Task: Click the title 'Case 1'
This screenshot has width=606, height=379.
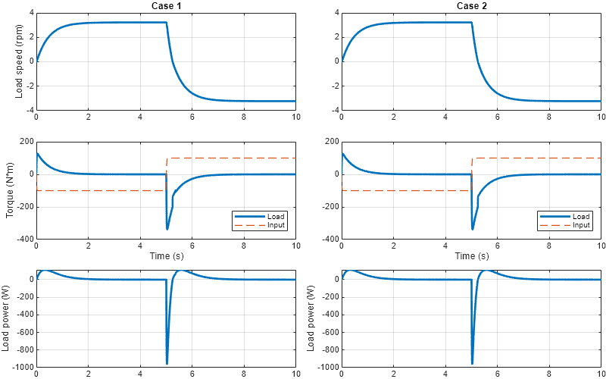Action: (x=165, y=6)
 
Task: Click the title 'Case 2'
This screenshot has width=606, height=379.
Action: (x=471, y=6)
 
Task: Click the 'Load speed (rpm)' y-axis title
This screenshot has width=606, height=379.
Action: (x=20, y=61)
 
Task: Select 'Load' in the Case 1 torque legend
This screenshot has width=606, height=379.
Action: (x=276, y=217)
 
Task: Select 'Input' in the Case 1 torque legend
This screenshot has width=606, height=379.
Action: (x=276, y=225)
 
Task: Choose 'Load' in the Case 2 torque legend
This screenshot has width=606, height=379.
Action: (x=582, y=217)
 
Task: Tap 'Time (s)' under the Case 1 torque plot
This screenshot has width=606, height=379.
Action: (x=165, y=256)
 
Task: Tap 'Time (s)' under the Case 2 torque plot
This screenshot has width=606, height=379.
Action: (x=471, y=256)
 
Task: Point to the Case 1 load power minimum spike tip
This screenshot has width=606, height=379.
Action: (x=167, y=363)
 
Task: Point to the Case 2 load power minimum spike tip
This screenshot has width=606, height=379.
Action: (x=472, y=363)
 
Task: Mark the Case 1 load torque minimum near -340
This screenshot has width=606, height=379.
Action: (x=167, y=229)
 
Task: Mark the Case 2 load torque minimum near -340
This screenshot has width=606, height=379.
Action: (x=473, y=229)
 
